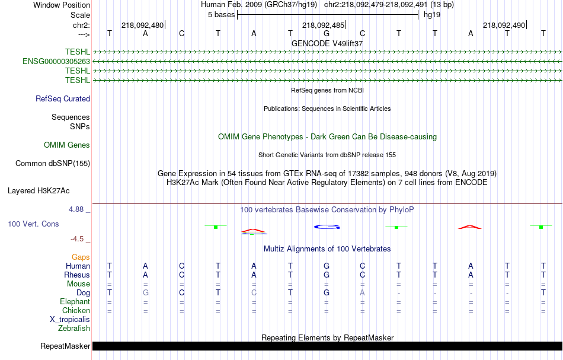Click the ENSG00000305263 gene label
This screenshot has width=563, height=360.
56,62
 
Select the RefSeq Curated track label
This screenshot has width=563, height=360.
63,99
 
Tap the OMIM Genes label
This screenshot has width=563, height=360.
67,145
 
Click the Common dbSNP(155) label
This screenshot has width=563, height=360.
53,164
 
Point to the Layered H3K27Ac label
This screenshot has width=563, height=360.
39,191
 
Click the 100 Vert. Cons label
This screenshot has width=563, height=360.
33,224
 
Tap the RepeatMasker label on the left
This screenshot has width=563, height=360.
65,346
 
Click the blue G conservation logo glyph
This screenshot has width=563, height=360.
327,227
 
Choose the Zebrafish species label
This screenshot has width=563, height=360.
74,329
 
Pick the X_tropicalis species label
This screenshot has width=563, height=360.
70,320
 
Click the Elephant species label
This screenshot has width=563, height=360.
75,302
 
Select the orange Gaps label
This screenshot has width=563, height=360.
81,257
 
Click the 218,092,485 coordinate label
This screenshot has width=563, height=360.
323,25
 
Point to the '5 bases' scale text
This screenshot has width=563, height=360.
221,15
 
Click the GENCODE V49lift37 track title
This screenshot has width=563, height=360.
327,43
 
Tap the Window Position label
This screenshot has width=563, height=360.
62,5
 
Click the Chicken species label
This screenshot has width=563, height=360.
76,310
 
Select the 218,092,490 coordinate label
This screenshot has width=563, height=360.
504,25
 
